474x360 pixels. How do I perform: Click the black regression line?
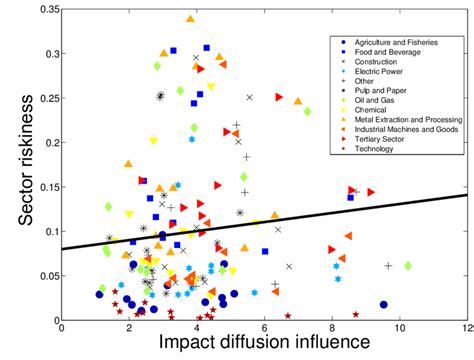point(300,217)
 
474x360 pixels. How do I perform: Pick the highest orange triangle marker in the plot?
point(190,18)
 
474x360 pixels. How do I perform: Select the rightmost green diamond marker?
point(408,265)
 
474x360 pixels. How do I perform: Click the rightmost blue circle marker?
point(383,304)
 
